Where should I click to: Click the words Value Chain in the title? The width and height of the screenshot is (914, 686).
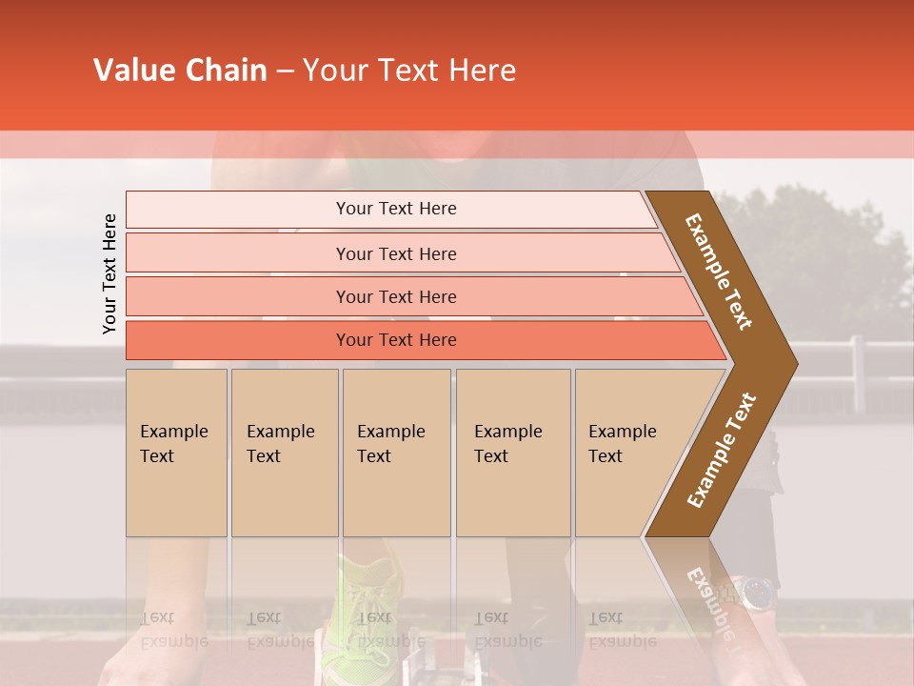pyautogui.click(x=180, y=71)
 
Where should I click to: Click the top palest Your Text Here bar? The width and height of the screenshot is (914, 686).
pyautogui.click(x=395, y=209)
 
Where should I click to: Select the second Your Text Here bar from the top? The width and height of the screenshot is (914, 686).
pyautogui.click(x=395, y=253)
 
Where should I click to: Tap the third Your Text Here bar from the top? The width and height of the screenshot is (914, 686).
pyautogui.click(x=395, y=296)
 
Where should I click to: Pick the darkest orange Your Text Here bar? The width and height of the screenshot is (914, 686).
pyautogui.click(x=395, y=340)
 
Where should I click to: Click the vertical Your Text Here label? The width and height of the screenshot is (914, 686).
pyautogui.click(x=109, y=273)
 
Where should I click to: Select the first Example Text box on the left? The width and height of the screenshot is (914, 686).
pyautogui.click(x=176, y=453)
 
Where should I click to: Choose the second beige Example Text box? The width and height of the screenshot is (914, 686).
pyautogui.click(x=285, y=453)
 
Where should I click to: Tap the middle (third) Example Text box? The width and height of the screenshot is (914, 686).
pyautogui.click(x=396, y=453)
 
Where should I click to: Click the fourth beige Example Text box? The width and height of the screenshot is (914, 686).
pyautogui.click(x=513, y=453)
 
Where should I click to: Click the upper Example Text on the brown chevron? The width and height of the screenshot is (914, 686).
pyautogui.click(x=719, y=272)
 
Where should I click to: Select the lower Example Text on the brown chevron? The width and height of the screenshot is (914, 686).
pyautogui.click(x=722, y=451)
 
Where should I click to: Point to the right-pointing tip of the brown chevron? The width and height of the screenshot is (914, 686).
pyautogui.click(x=793, y=363)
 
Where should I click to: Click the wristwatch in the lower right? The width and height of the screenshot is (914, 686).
pyautogui.click(x=758, y=593)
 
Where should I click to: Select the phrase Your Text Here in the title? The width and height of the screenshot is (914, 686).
pyautogui.click(x=408, y=71)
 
